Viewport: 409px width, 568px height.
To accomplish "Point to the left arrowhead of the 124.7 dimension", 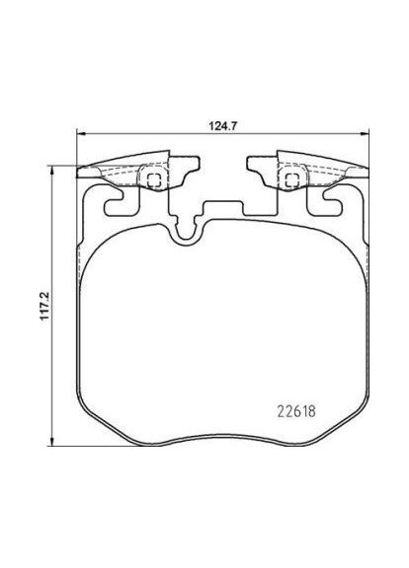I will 81,136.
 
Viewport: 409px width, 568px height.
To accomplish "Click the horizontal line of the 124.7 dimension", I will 148,136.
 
